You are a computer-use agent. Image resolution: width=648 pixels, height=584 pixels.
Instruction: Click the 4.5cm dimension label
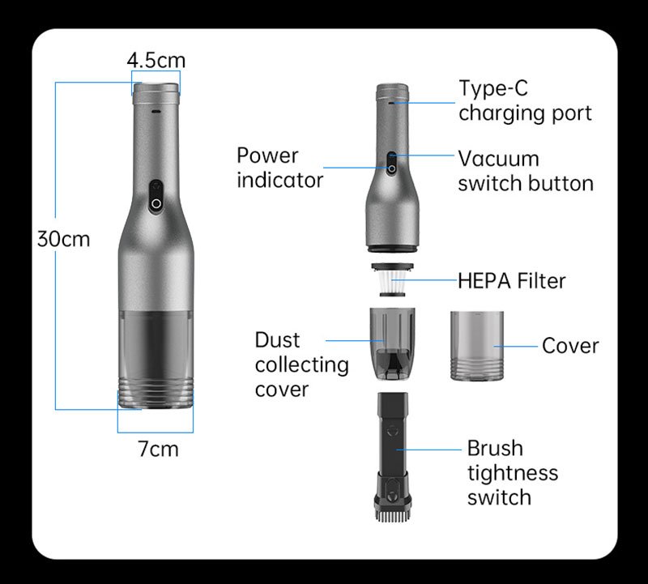[156, 60]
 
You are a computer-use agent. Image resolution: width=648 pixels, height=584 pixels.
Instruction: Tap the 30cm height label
[64, 240]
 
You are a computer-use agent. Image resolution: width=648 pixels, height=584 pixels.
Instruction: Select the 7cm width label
[158, 448]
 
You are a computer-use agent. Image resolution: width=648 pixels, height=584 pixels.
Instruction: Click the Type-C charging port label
[525, 100]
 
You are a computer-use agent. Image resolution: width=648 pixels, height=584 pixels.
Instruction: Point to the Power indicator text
[279, 167]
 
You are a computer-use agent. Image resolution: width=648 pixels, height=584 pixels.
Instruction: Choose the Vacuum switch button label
[525, 170]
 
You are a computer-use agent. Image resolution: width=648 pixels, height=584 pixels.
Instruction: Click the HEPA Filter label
[511, 281]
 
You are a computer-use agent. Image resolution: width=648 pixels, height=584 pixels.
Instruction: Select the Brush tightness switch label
[512, 472]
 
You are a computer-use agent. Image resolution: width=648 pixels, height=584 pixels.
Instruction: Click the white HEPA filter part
[394, 283]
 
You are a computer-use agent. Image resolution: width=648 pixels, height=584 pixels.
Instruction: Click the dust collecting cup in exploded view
[394, 343]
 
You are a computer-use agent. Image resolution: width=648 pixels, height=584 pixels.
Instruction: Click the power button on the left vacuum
[155, 197]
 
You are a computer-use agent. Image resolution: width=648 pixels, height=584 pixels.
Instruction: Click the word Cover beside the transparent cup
[570, 346]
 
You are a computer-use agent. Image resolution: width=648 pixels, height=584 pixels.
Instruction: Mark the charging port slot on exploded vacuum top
[392, 103]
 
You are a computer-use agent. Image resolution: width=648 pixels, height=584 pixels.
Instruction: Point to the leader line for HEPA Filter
[433, 281]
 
